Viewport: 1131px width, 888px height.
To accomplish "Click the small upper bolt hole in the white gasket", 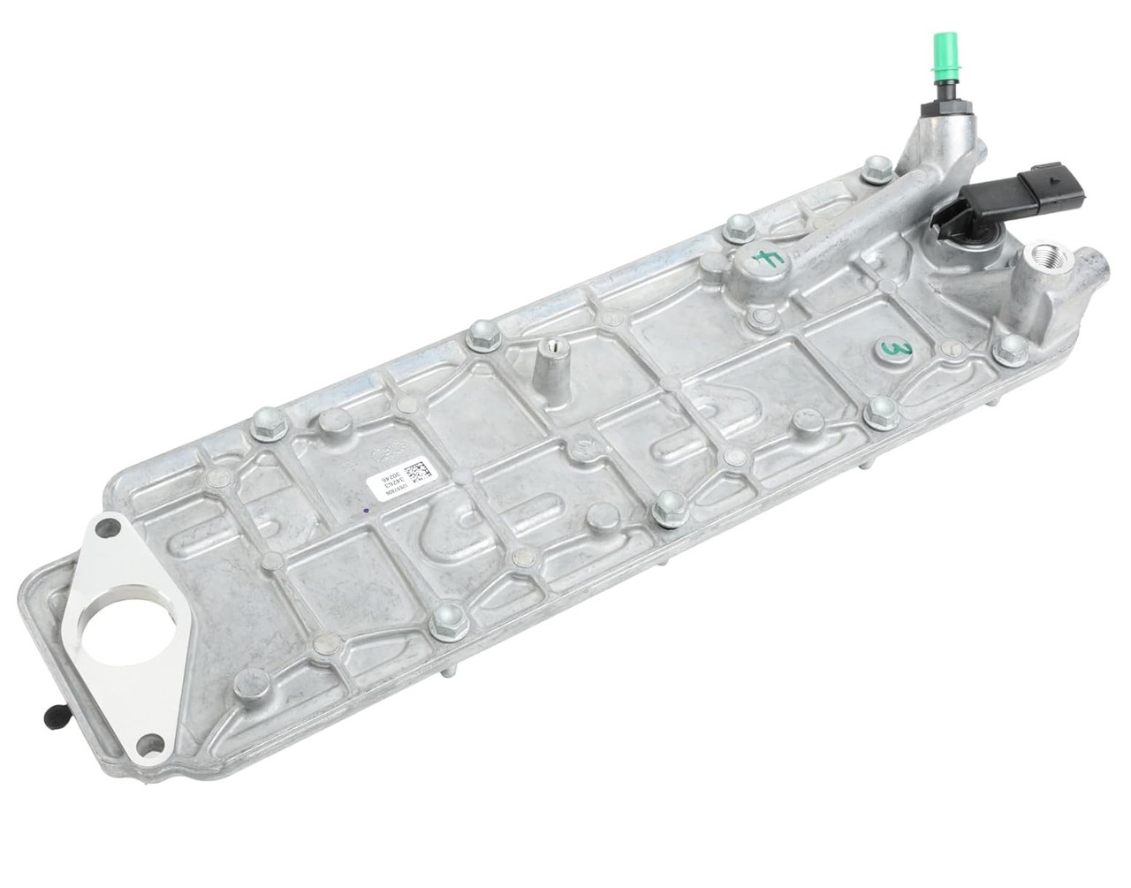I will [110, 529].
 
